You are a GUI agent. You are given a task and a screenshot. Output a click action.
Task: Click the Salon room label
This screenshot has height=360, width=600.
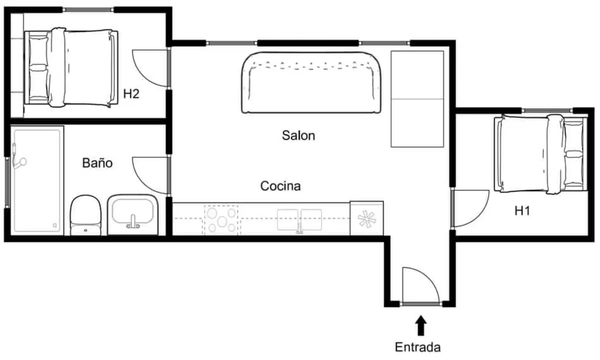point(298,135)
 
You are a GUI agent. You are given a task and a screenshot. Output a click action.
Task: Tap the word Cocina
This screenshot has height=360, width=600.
point(280,186)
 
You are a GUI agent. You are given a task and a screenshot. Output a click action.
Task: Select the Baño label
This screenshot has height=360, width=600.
point(97,163)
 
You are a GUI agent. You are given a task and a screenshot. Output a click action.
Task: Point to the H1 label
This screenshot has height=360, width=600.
point(522,211)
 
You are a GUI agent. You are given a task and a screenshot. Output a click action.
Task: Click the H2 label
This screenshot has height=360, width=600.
point(131,94)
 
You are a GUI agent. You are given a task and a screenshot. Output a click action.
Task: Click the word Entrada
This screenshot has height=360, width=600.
point(418,347)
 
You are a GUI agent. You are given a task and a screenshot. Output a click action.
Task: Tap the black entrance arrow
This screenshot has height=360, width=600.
point(421,325)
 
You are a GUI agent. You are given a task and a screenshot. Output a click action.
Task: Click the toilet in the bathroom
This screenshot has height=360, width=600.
point(85,215)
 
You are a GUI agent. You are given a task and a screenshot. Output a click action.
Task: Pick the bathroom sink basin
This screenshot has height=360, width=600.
point(133,212)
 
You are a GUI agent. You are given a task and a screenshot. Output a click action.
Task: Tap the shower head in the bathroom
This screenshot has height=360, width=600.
point(22,162)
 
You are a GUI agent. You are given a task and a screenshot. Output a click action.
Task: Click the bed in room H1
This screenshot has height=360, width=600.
point(541,154)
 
